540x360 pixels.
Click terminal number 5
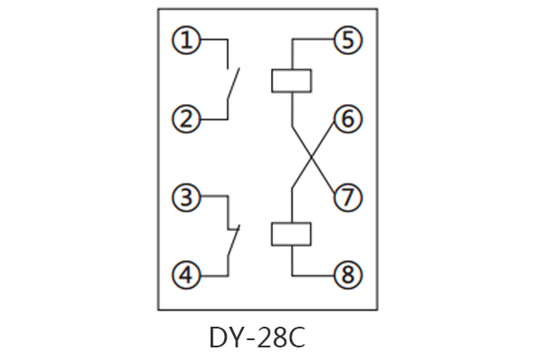coord(346,40)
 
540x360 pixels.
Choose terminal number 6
coord(346,118)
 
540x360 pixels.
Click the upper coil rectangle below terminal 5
coord(292,80)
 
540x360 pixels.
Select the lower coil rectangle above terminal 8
coord(292,233)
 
